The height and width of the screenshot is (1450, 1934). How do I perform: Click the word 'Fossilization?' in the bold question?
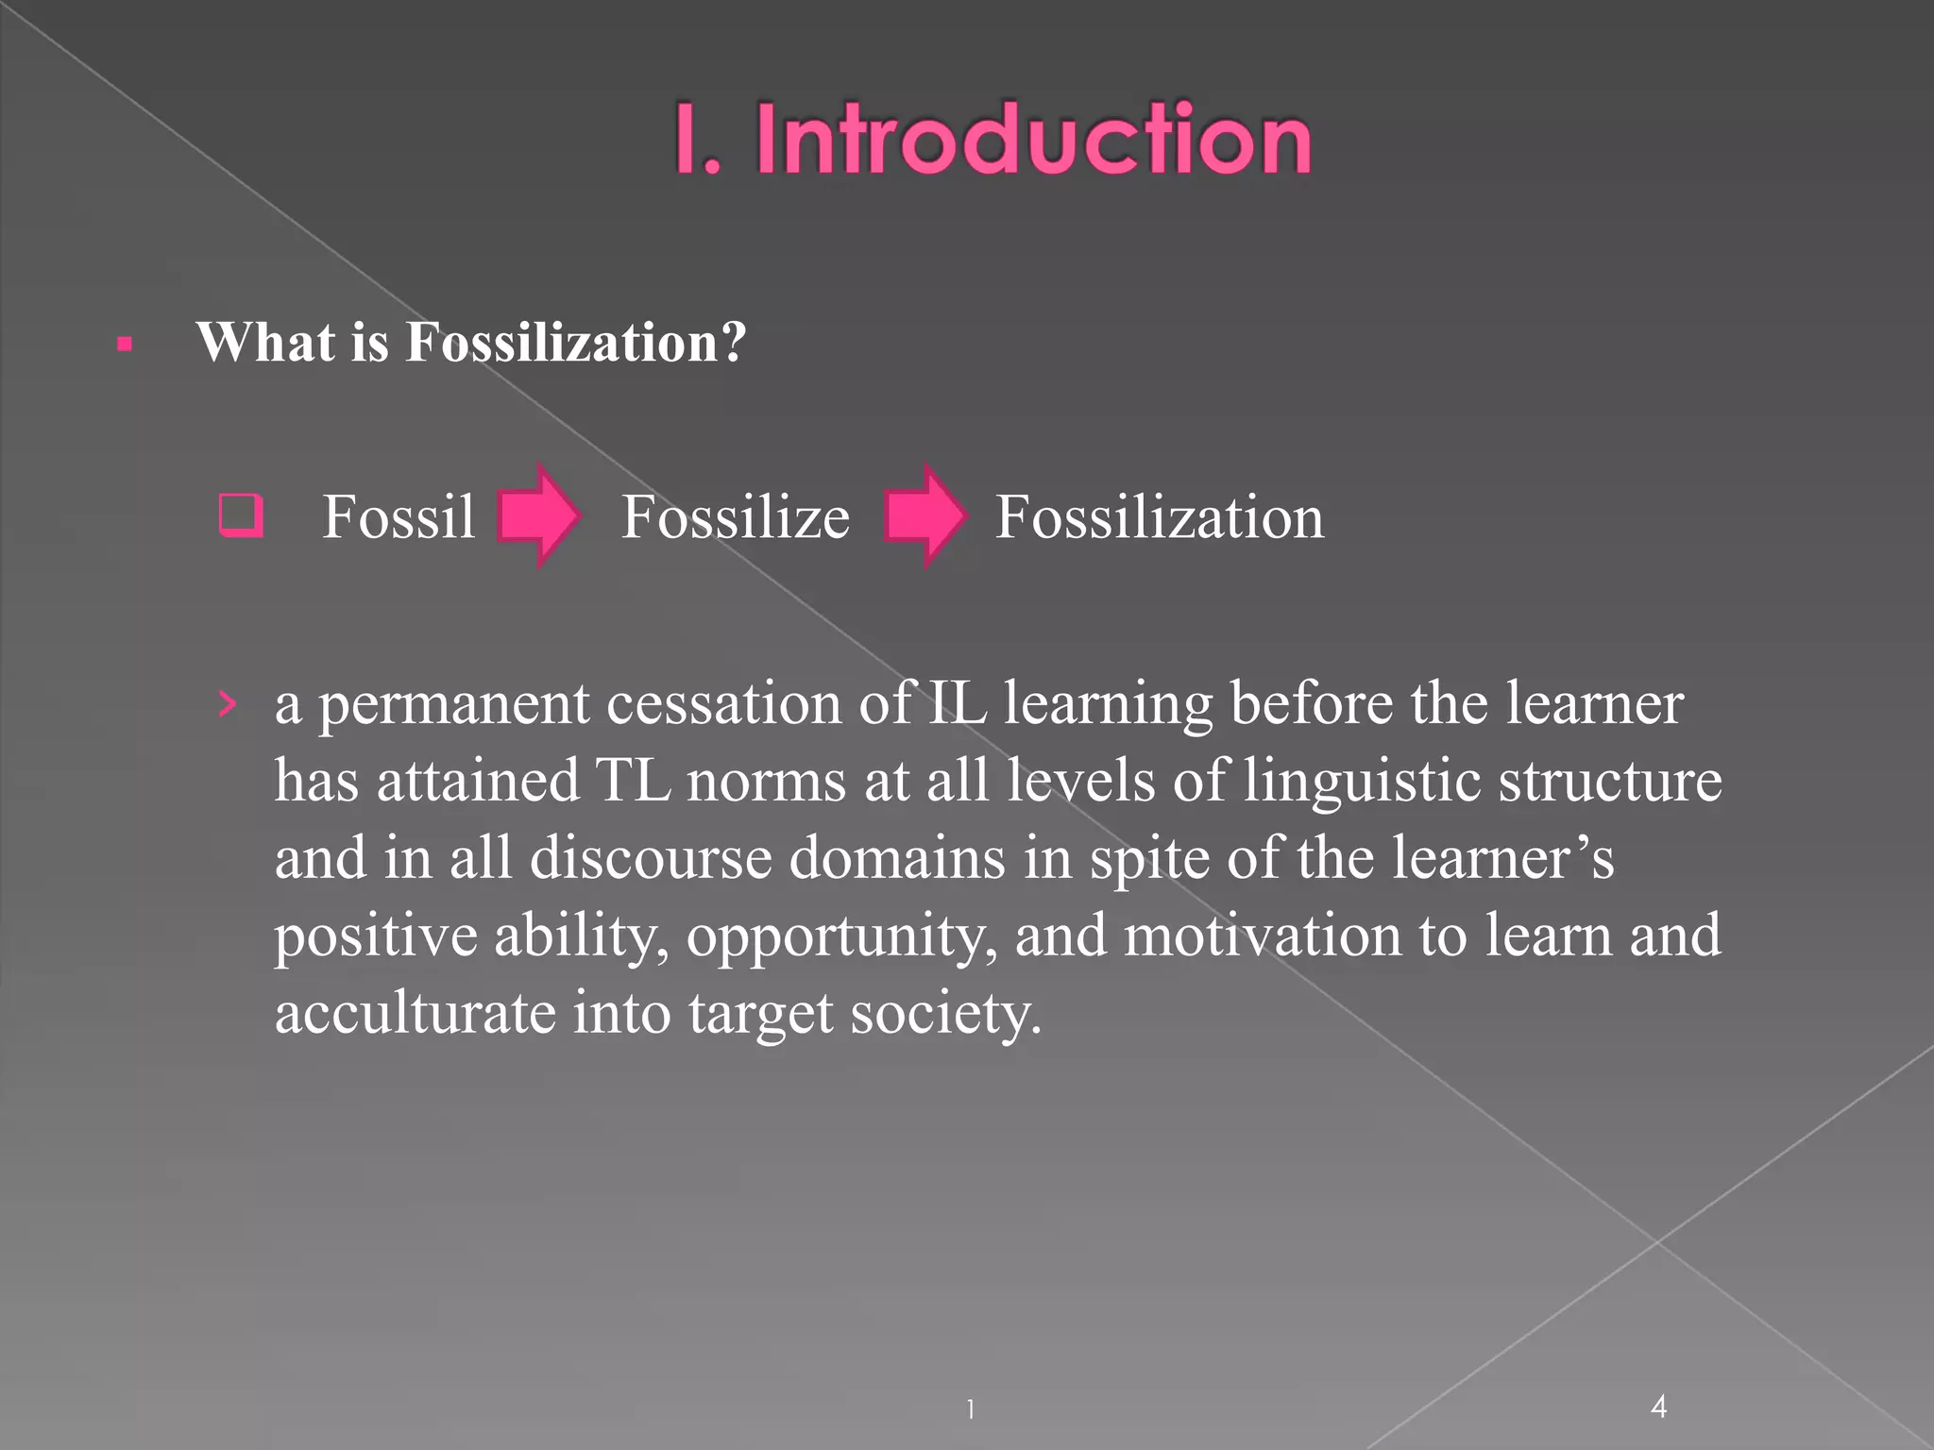pyautogui.click(x=576, y=342)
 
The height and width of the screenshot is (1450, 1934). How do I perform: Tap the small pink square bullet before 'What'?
pyautogui.click(x=125, y=345)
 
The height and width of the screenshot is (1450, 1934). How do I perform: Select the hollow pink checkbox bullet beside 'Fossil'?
pyautogui.click(x=241, y=515)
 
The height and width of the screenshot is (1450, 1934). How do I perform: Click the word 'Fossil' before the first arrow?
pyautogui.click(x=399, y=517)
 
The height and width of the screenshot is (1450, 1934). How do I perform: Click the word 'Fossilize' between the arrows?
pyautogui.click(x=735, y=517)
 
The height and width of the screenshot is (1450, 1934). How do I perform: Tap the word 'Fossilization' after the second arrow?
pyautogui.click(x=1160, y=517)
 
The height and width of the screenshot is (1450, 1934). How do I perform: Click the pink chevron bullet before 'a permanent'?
pyautogui.click(x=227, y=703)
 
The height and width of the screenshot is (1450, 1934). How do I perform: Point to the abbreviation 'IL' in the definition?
pyautogui.click(x=956, y=703)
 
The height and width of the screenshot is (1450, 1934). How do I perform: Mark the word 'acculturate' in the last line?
pyautogui.click(x=416, y=1013)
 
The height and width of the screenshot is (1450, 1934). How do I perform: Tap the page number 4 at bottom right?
pyautogui.click(x=1658, y=1407)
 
